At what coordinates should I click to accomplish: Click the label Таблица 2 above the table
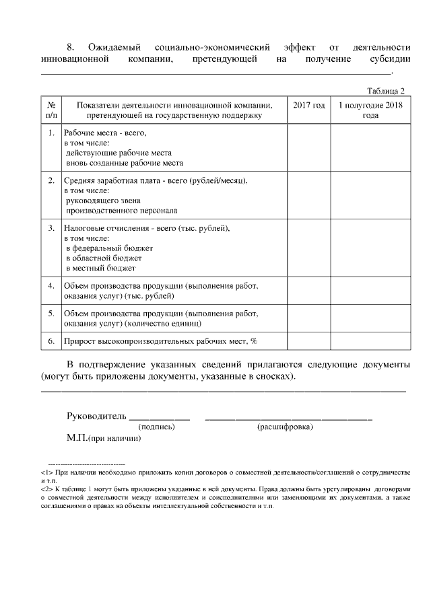click(385, 91)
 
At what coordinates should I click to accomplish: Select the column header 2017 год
click(308, 106)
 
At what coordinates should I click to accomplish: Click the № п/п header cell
click(51, 110)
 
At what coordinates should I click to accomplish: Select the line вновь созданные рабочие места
click(124, 163)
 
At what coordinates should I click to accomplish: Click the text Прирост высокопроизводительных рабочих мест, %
click(161, 341)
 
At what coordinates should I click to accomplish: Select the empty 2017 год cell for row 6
click(308, 341)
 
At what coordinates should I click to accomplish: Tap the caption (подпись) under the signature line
click(156, 427)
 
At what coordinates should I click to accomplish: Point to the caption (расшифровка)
click(285, 427)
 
